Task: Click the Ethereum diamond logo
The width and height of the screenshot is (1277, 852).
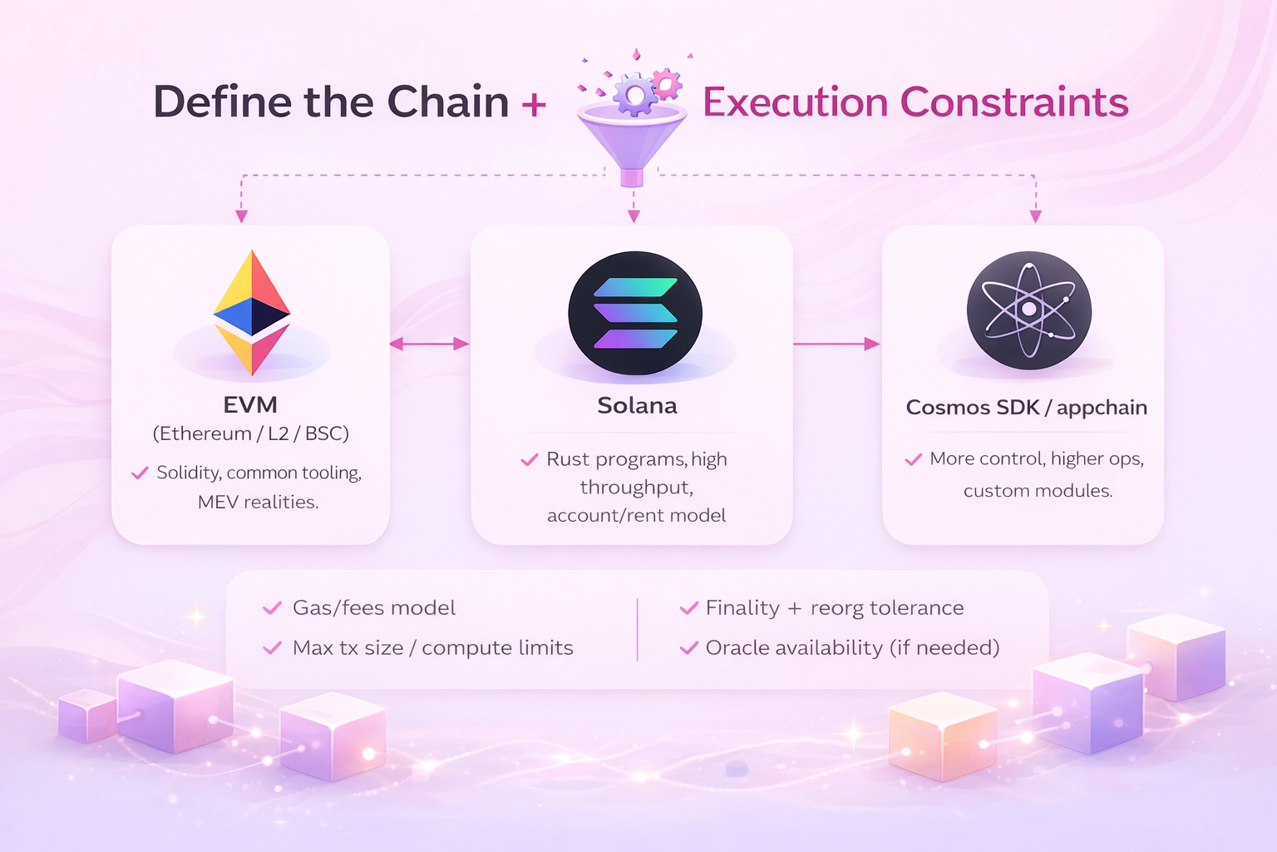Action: click(x=252, y=312)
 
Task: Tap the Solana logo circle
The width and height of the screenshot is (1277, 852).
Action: click(x=635, y=314)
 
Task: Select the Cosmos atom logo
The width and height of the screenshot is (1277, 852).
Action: click(x=1029, y=310)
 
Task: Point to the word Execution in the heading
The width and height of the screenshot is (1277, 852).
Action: click(x=796, y=102)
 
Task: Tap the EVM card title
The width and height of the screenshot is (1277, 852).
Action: click(x=250, y=405)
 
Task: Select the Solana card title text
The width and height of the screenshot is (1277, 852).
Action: click(x=637, y=406)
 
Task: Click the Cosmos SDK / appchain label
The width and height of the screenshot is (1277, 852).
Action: click(x=1026, y=408)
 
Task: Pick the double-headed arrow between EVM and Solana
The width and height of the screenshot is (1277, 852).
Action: click(x=429, y=344)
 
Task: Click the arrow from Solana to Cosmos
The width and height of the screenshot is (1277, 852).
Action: click(x=836, y=344)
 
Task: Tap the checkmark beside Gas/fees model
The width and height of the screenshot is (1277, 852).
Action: click(x=272, y=608)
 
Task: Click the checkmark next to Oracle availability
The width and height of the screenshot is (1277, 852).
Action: click(x=688, y=648)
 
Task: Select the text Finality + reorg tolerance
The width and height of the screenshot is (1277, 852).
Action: click(x=835, y=608)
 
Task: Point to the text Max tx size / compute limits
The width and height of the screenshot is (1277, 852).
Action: click(x=432, y=648)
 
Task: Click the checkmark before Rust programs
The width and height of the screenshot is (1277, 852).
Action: click(x=529, y=459)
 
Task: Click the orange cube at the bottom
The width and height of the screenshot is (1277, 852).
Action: click(x=942, y=737)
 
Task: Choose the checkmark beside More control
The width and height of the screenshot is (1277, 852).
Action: click(x=913, y=459)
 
